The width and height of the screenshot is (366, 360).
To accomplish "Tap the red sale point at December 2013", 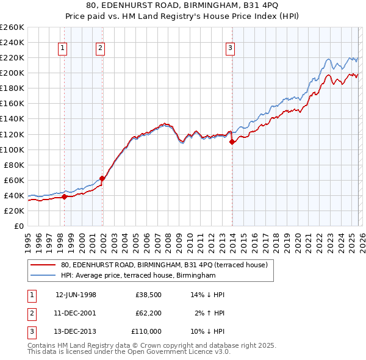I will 232,142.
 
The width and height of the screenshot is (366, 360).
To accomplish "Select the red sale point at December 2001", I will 102,178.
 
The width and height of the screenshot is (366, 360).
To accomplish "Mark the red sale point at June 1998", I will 64,196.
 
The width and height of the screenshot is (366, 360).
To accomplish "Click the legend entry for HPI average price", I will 138,276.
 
